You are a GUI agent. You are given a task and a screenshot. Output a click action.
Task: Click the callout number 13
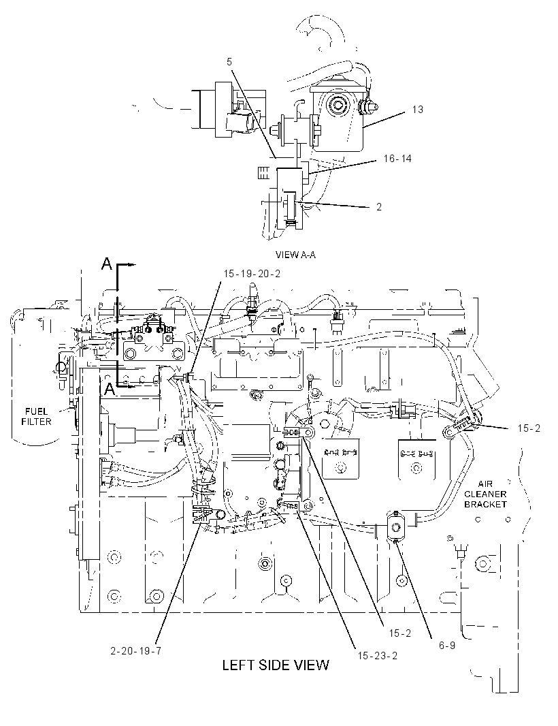pos(417,110)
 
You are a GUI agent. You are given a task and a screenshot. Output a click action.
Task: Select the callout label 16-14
pos(397,159)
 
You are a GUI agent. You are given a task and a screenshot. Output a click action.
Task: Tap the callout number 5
pos(229,61)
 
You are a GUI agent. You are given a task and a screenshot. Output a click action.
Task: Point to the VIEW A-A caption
pos(295,255)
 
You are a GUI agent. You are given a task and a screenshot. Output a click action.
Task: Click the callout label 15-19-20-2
pos(252,274)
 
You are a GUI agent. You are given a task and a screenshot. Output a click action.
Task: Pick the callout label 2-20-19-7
pos(136,650)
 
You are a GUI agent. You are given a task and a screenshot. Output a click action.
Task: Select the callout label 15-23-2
pos(377,655)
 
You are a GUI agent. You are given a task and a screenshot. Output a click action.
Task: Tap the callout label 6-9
pos(446,645)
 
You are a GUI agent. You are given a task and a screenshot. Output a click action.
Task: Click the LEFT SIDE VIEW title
pos(276,665)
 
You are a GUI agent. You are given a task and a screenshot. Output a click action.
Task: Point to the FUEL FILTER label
pos(37,416)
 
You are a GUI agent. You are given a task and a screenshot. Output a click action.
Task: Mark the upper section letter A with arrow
pos(107,264)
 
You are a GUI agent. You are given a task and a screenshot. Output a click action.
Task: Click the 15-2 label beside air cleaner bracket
pos(529,428)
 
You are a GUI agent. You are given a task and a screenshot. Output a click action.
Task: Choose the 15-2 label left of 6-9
pos(399,633)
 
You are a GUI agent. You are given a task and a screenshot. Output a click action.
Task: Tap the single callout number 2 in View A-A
pos(379,207)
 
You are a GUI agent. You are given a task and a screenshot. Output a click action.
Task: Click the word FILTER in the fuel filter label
pos(37,421)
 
